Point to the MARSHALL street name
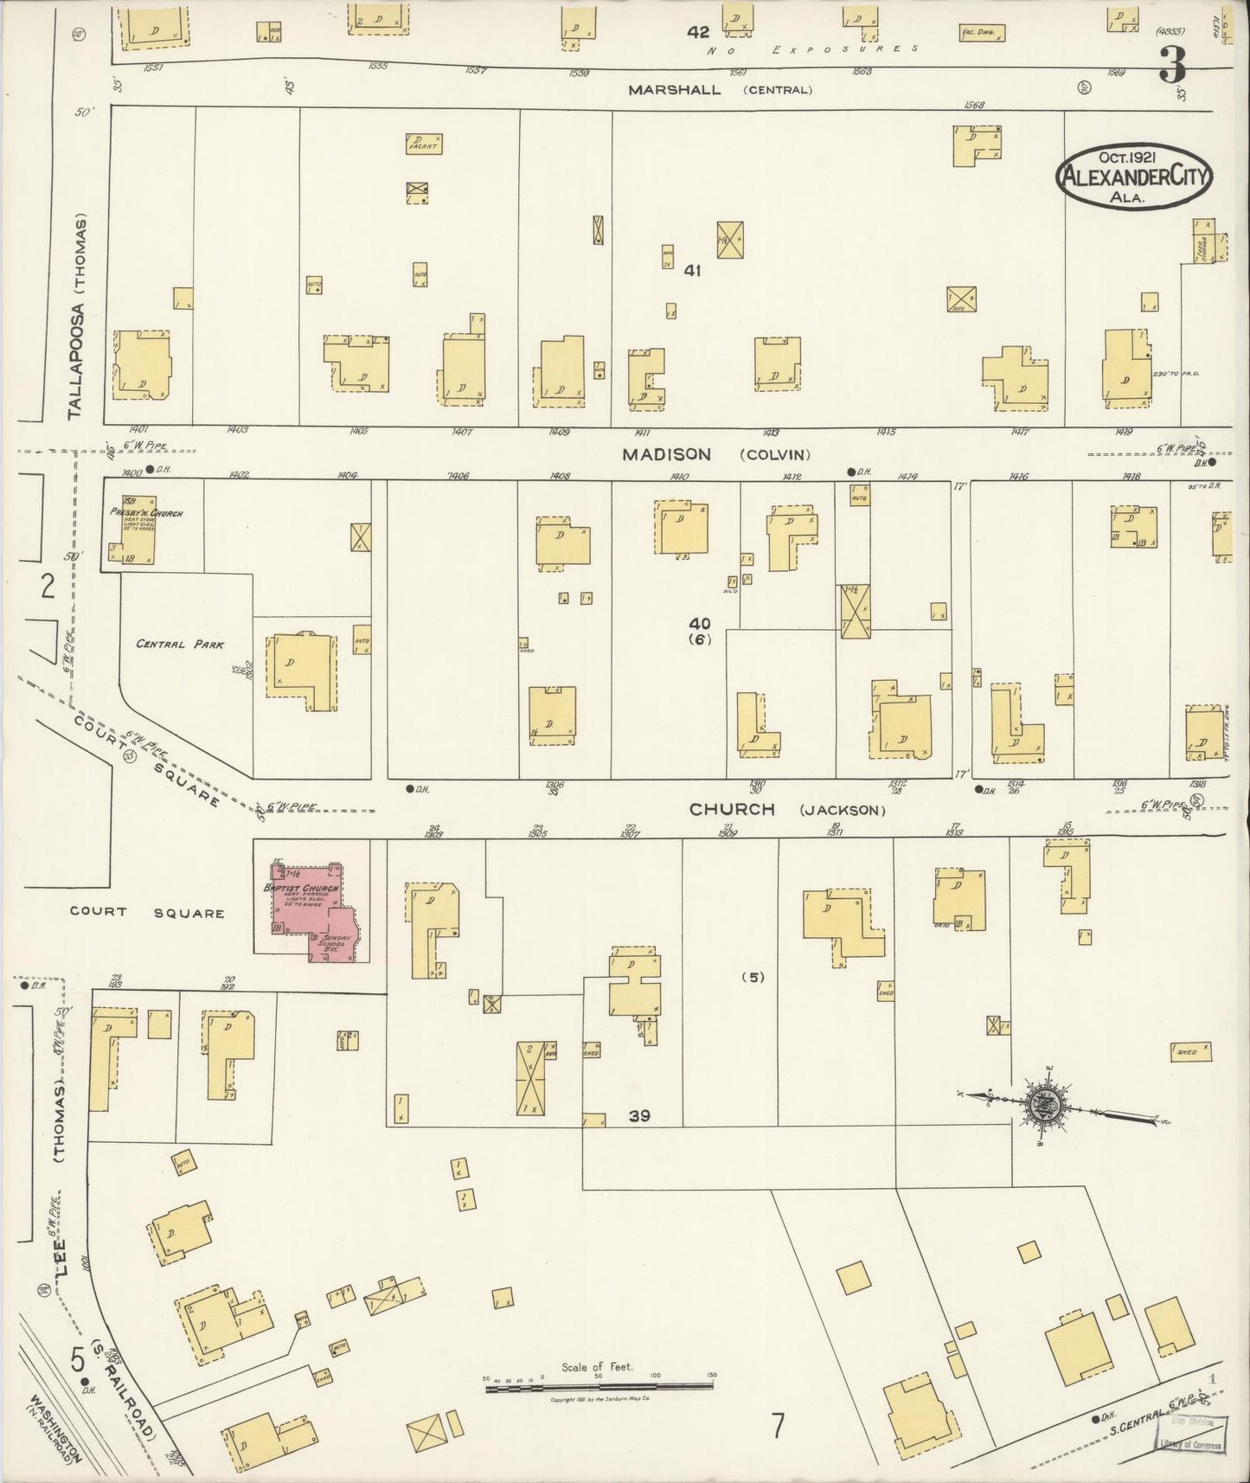tap(674, 89)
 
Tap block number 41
tap(692, 271)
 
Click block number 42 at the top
tap(698, 32)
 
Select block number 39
tap(639, 1116)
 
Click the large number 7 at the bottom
tap(779, 1425)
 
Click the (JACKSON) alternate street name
tap(843, 811)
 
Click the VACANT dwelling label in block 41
tap(424, 144)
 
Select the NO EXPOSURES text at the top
tap(812, 49)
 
